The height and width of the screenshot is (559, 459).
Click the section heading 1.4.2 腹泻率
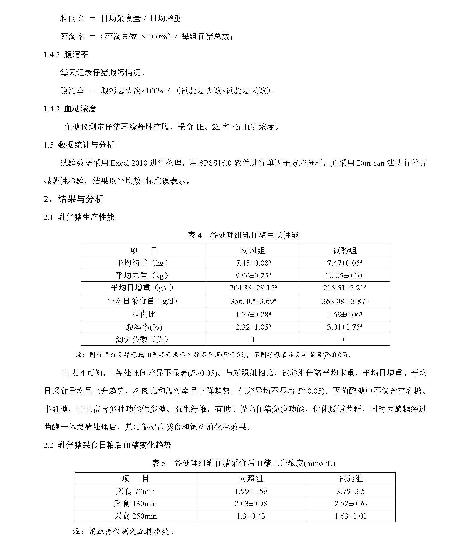point(66,54)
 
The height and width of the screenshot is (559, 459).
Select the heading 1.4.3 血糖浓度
point(70,109)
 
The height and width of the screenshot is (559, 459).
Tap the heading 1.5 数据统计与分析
point(79,145)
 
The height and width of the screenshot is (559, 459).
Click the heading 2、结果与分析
point(74,199)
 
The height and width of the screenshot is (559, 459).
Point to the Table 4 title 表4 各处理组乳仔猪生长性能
point(243,235)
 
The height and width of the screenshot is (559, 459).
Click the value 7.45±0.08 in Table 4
point(253,263)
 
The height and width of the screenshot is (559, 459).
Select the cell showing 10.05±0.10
point(344,275)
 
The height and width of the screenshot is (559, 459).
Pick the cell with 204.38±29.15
point(253,288)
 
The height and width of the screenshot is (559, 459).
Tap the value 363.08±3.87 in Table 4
point(344,301)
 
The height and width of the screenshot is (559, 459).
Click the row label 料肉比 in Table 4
point(143,314)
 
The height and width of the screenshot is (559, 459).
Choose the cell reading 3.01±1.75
point(344,327)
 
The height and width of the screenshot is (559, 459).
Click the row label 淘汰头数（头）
point(143,339)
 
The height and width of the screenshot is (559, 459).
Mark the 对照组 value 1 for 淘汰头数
point(253,339)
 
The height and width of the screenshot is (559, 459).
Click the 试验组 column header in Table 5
point(351,479)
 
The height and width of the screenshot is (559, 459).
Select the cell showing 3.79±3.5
point(351,491)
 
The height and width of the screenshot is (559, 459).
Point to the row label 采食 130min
point(135,503)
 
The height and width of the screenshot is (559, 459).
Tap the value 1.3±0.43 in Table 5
point(251,516)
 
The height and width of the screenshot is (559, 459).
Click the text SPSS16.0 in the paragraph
point(215,163)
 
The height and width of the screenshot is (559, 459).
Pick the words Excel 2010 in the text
point(129,163)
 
